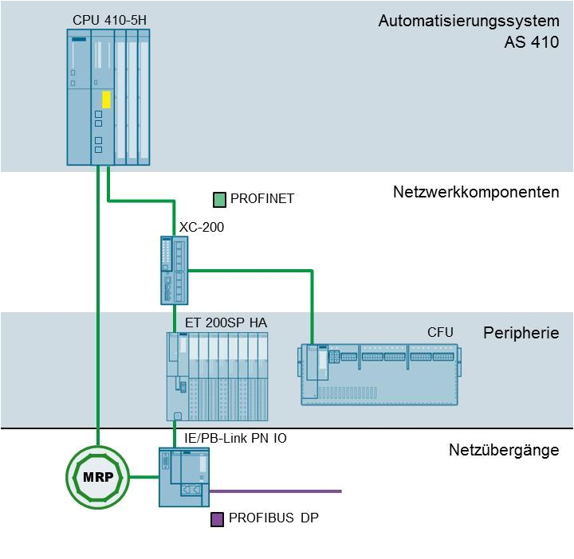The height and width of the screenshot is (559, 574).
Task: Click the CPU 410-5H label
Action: [109, 19]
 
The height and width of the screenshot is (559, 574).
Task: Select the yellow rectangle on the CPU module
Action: [106, 100]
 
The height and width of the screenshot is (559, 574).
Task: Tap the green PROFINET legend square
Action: [220, 199]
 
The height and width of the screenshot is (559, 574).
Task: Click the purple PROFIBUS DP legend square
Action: [217, 519]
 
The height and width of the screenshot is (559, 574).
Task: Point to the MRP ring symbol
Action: [97, 477]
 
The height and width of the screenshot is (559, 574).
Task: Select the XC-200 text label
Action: [202, 227]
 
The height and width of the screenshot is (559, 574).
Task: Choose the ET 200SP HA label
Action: [226, 322]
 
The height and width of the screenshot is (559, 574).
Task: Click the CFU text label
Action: [440, 331]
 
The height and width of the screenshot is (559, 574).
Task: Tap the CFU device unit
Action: [379, 374]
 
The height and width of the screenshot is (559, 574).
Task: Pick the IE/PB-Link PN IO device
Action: [184, 477]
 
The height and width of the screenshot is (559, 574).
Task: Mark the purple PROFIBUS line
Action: [275, 491]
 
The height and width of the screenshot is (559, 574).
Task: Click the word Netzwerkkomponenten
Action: [476, 193]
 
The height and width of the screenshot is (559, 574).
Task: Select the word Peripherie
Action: [521, 333]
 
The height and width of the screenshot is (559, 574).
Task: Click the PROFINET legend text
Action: [262, 199]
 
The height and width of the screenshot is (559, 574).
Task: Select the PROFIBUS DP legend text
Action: [273, 518]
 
